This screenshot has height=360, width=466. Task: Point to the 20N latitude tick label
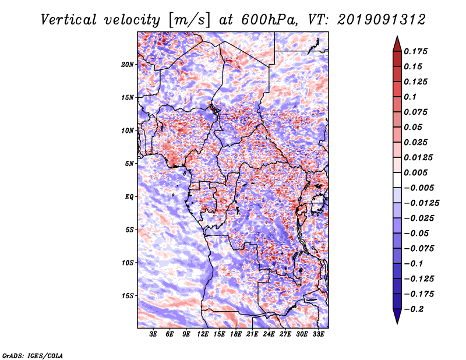[128, 64]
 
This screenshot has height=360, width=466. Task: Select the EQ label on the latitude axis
[129, 196]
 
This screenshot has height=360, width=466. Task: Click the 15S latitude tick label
[128, 295]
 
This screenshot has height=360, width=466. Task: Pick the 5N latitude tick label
[129, 164]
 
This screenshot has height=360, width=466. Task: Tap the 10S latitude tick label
[128, 263]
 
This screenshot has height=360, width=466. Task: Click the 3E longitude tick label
[153, 335]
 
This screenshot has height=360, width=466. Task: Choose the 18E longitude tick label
[236, 335]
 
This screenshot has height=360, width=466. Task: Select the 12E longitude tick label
[203, 335]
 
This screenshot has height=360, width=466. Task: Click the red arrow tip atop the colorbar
[397, 42]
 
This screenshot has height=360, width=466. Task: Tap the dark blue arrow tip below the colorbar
[397, 318]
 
